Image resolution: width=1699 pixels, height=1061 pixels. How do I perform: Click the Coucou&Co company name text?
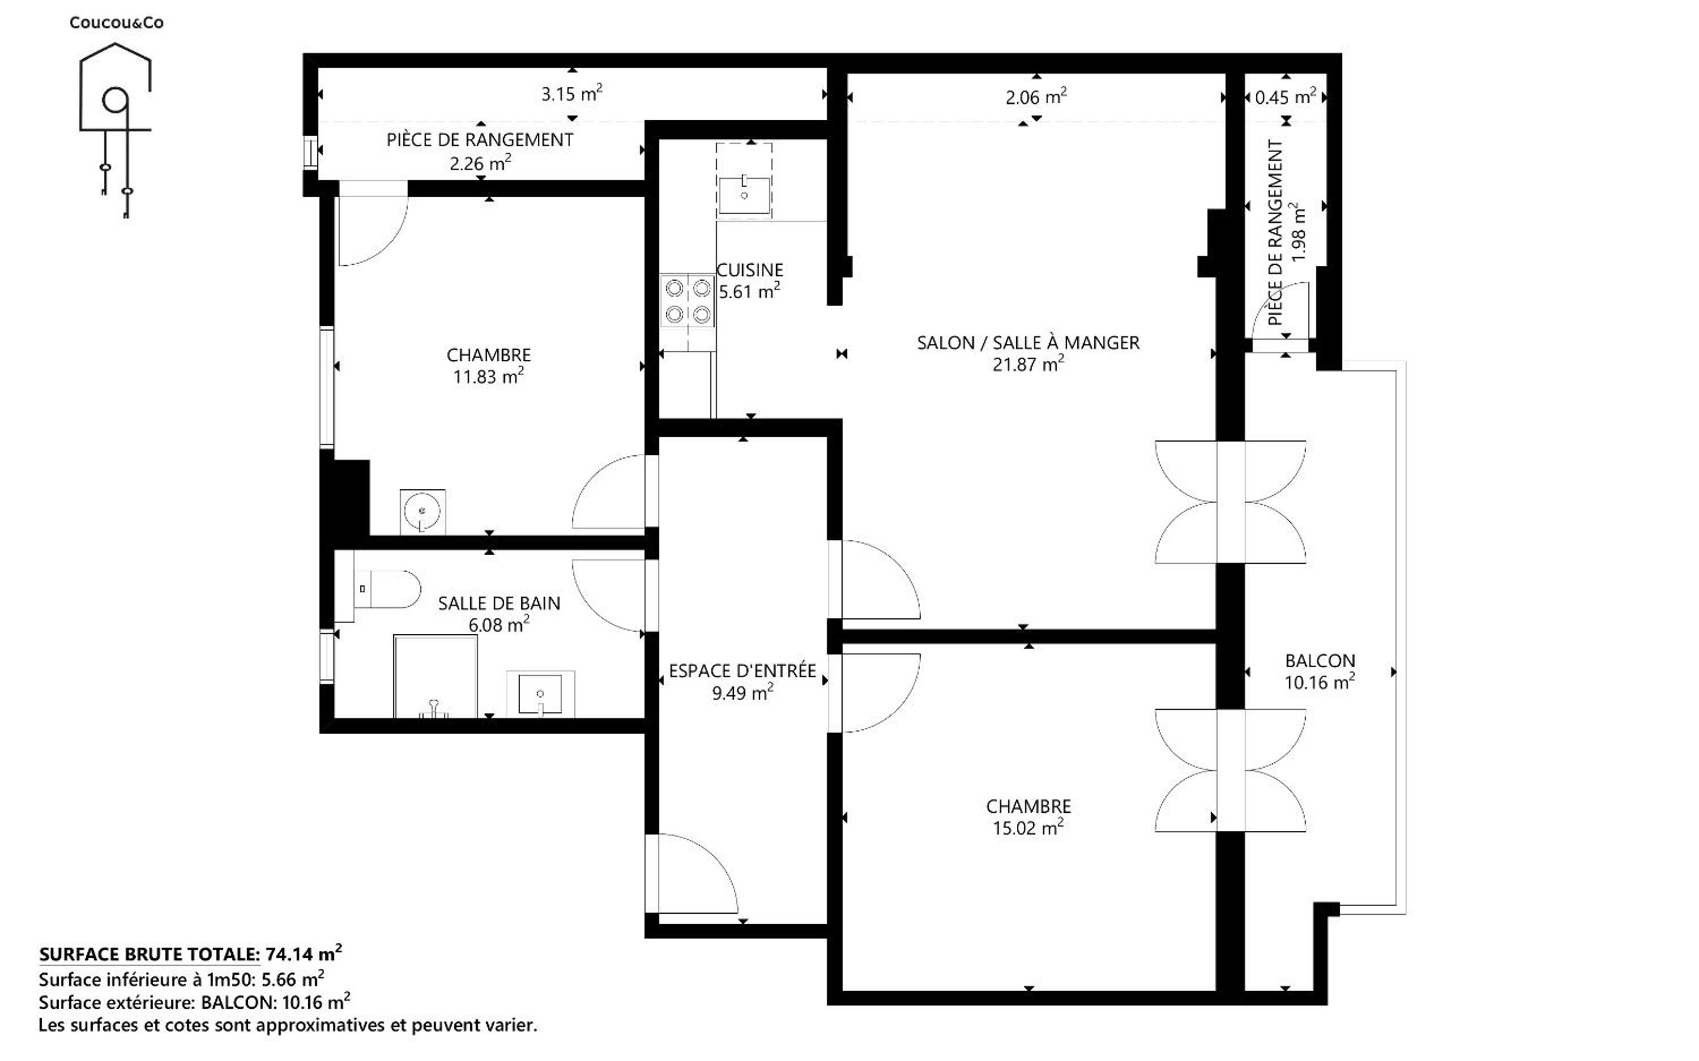(116, 22)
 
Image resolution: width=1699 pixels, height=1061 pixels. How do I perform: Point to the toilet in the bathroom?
(387, 588)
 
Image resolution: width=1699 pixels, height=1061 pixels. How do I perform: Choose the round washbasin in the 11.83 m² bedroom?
(423, 512)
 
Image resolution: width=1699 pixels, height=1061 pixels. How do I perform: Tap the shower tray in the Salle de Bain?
(435, 677)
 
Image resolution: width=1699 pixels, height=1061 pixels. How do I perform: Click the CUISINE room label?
(750, 270)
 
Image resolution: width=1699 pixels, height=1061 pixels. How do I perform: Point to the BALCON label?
(1320, 660)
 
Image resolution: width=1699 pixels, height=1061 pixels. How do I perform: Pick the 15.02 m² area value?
(1028, 828)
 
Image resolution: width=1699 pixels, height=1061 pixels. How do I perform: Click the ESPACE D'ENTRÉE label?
(743, 671)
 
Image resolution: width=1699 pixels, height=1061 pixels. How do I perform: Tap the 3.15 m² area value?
(572, 93)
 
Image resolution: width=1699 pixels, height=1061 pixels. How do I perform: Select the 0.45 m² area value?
(1286, 97)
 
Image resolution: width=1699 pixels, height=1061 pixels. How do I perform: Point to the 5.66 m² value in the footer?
(292, 978)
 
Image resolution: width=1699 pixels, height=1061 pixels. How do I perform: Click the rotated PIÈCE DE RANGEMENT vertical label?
(1276, 232)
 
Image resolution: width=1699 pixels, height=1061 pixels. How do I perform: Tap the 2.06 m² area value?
(1037, 97)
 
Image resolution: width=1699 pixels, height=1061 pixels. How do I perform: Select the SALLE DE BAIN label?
(499, 603)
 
